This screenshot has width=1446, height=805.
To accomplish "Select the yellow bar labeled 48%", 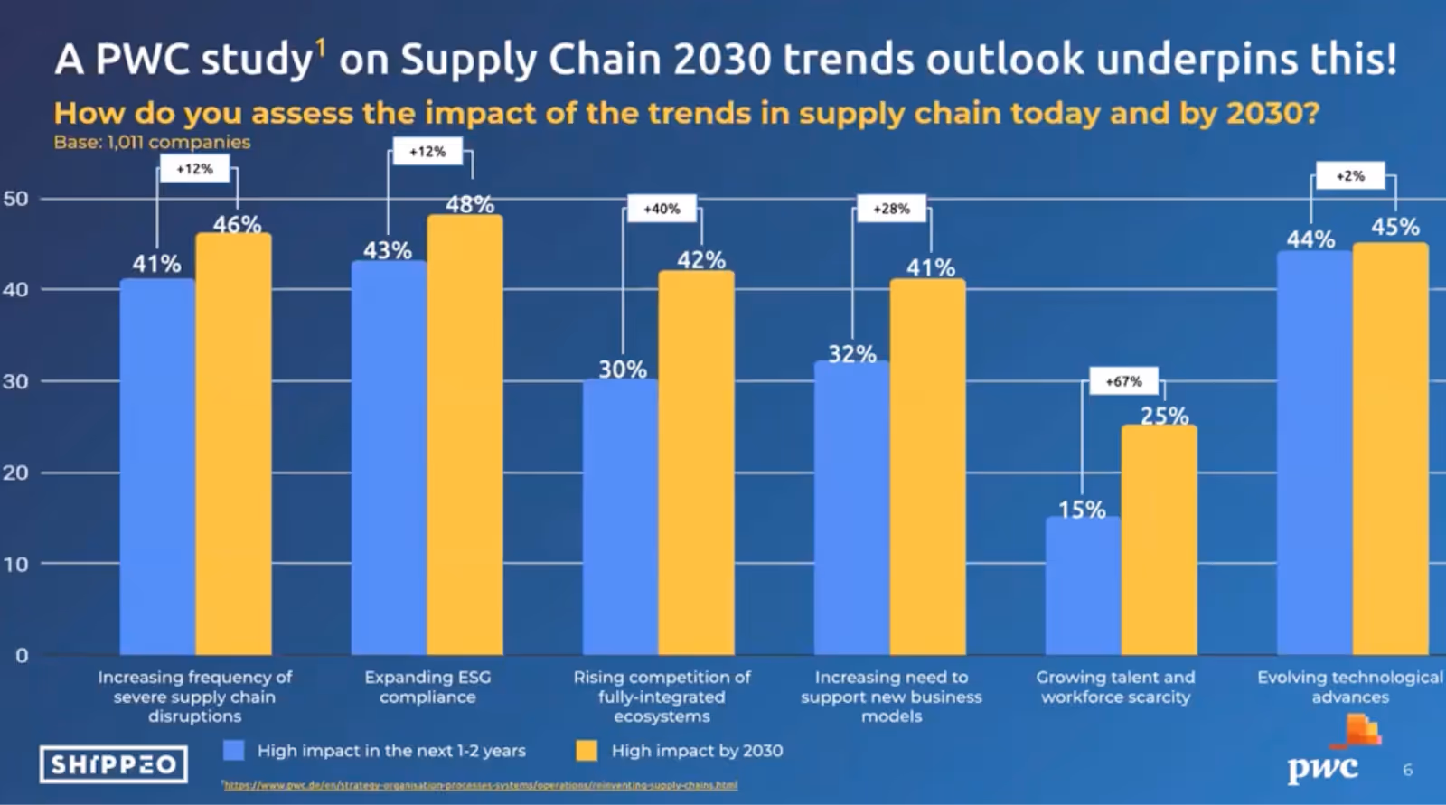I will (465, 435).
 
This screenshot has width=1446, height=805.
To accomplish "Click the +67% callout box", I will (1123, 381).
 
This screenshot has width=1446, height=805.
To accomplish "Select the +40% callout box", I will (662, 209).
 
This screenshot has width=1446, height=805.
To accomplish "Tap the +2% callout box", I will (1350, 176).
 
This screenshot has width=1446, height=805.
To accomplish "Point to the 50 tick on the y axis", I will (16, 199).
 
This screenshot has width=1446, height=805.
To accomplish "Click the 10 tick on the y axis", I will (16, 564).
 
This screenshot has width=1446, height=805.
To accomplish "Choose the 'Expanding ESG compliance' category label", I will (427, 687).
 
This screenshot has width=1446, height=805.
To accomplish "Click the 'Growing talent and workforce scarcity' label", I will (1115, 687).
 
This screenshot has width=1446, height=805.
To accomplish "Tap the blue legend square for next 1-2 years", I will (234, 750).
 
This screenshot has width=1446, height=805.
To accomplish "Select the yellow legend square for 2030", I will (587, 750).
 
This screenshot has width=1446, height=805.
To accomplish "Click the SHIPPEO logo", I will (114, 764).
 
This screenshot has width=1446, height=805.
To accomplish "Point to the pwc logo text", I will (1322, 768).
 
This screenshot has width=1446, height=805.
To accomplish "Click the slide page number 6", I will (1407, 770).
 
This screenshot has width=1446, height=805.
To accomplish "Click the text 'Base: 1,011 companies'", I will (152, 142).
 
